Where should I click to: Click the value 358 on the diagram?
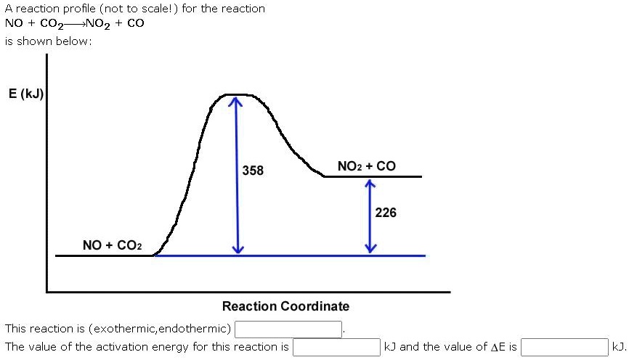pos(253,171)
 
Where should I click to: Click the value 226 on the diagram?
pos(386,213)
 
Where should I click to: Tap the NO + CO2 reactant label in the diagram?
pos(113,245)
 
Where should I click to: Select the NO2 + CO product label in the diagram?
pos(367,166)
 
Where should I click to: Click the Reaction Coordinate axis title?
pos(285,306)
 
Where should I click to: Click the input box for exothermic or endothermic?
pos(288,330)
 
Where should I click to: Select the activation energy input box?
pos(336,347)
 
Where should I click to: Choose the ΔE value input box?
pos(564,347)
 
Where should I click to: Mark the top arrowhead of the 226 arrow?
pos(370,184)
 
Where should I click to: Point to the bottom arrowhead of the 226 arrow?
pos(370,249)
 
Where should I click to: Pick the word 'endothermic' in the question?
pos(195,329)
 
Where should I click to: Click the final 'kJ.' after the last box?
pos(619,347)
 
